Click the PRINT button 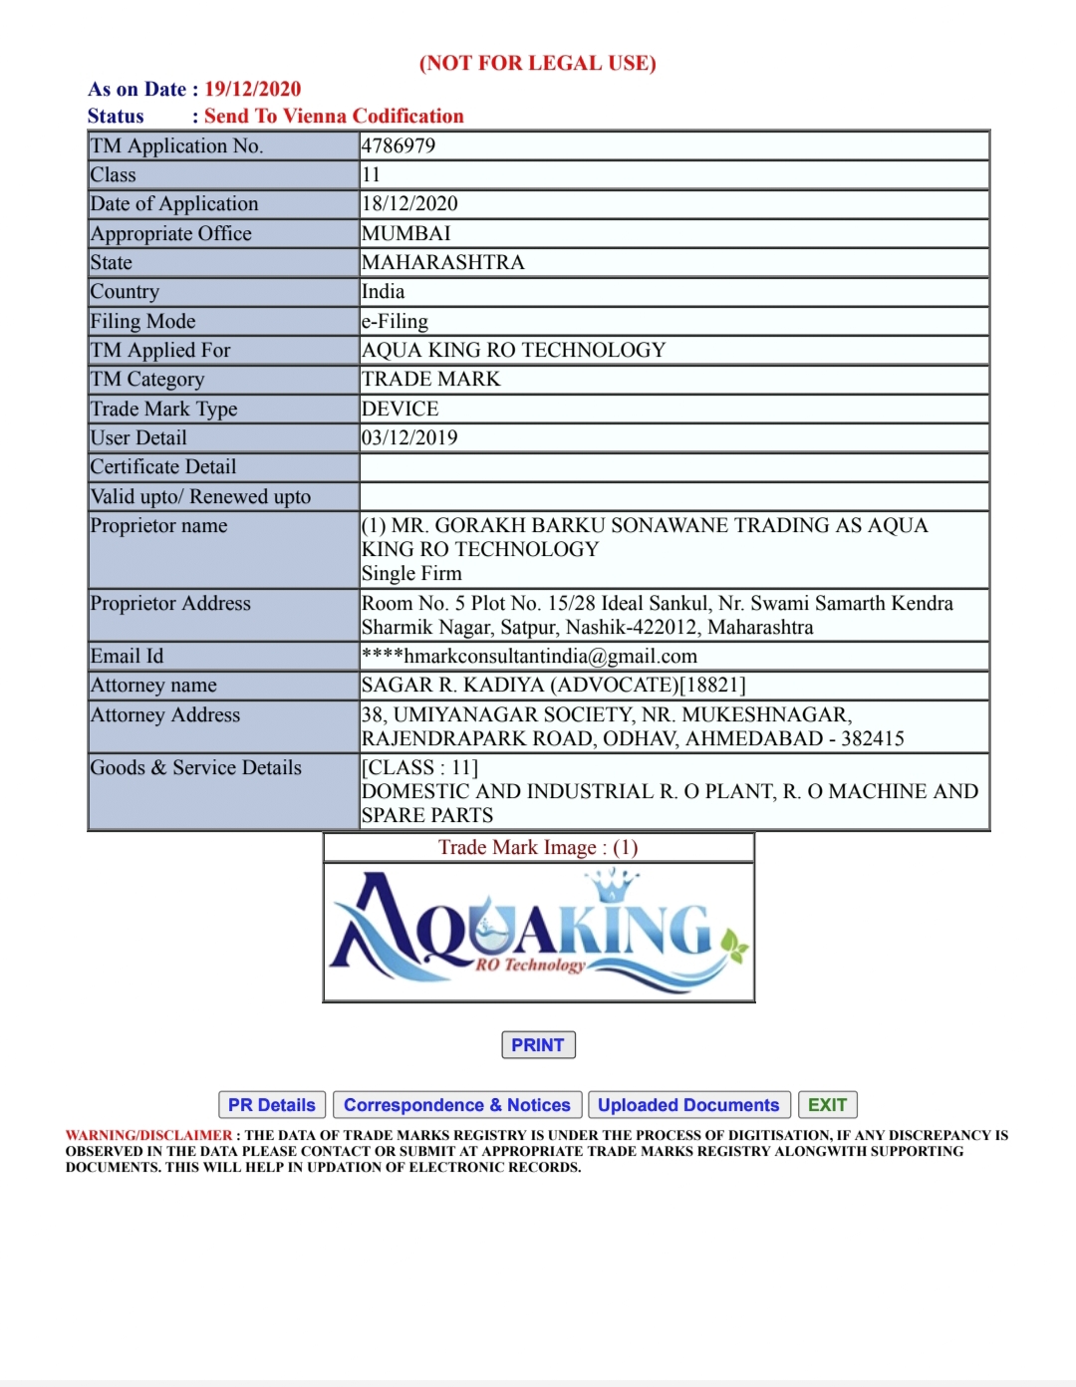coord(538,1044)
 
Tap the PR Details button coord(271,1105)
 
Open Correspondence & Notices coord(457,1105)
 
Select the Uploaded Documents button coord(688,1105)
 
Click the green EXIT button coord(827,1105)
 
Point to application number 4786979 coord(399,145)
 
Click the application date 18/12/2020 coord(409,204)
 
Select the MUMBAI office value coord(406,233)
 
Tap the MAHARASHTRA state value coord(442,262)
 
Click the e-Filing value coord(395,321)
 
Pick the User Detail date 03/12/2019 coord(409,437)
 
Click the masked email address coord(529,656)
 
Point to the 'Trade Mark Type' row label coord(164,409)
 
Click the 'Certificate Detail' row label coord(163,466)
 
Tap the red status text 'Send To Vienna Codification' coord(334,116)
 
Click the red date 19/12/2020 coord(253,89)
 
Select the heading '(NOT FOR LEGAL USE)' coord(538,63)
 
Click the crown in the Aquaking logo coord(611,884)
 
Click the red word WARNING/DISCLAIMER coord(148,1135)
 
